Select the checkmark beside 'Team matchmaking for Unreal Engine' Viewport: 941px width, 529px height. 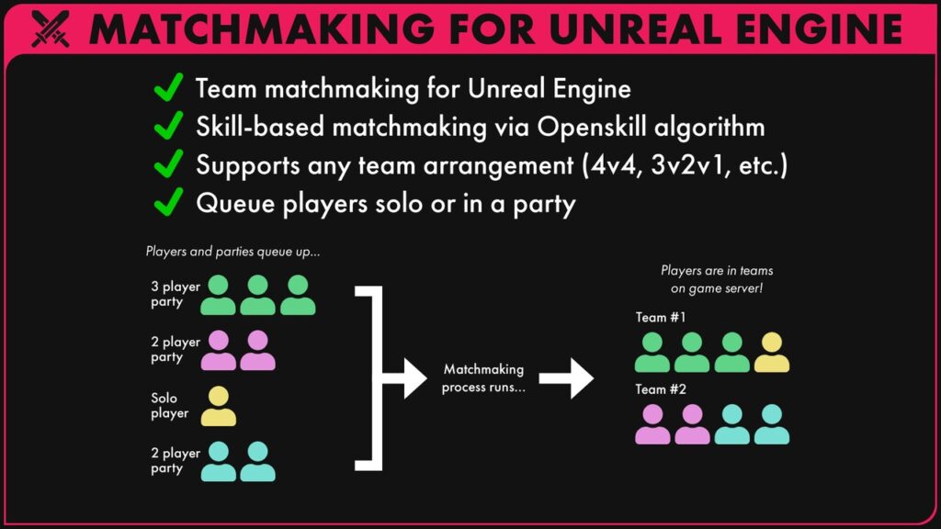[x=167, y=89]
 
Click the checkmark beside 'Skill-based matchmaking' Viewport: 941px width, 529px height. [x=167, y=127]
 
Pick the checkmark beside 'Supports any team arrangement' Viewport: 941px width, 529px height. [x=167, y=165]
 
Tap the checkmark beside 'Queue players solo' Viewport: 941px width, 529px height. [x=167, y=203]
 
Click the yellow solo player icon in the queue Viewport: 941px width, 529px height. [x=219, y=406]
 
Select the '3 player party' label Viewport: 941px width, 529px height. [x=176, y=294]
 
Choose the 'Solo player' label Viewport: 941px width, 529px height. [x=170, y=406]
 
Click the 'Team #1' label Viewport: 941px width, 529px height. [x=661, y=318]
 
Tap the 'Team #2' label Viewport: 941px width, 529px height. [x=661, y=389]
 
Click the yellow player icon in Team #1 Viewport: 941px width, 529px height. [x=772, y=353]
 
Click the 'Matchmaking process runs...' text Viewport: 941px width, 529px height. [x=482, y=378]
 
